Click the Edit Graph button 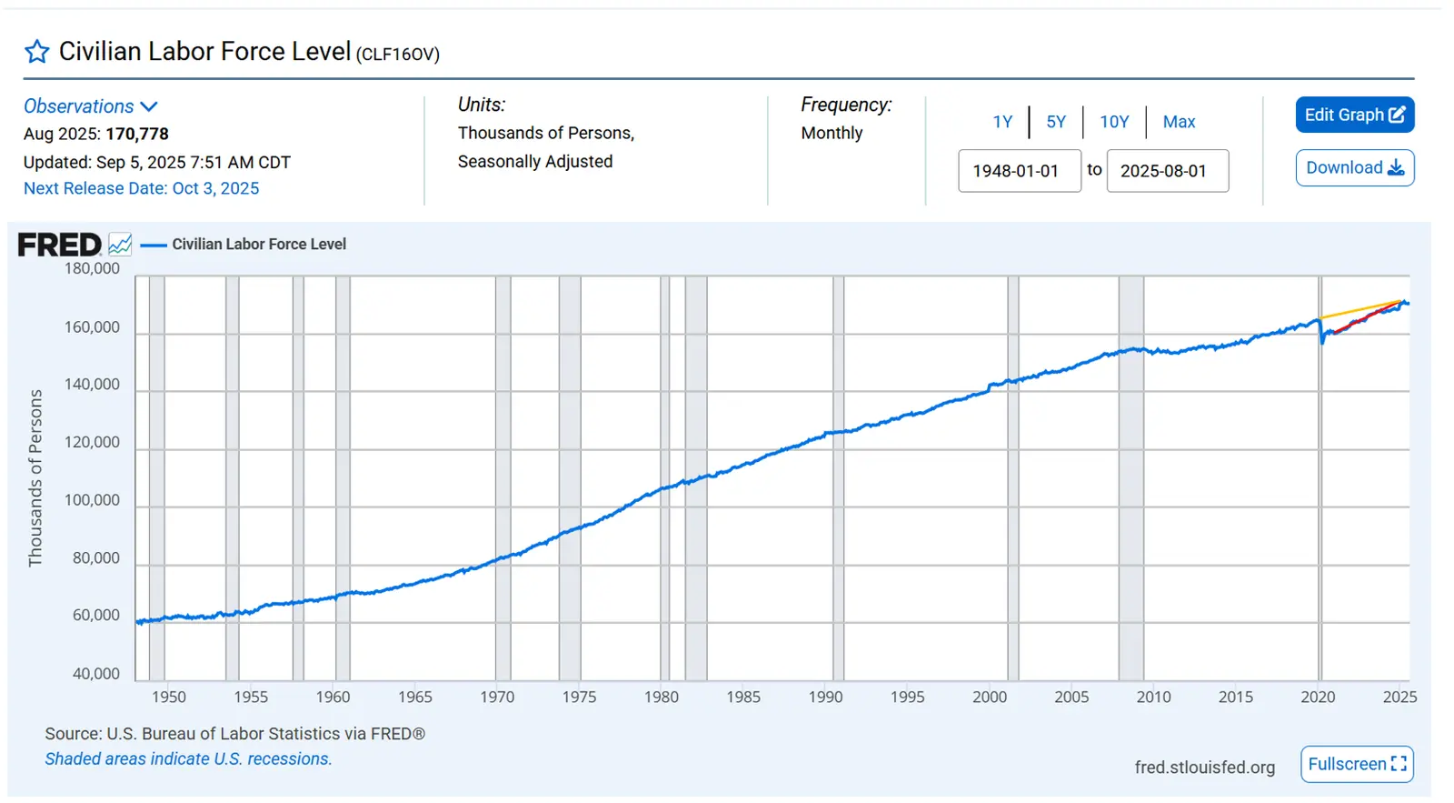point(1354,115)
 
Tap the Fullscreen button point(1357,764)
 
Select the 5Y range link point(1055,122)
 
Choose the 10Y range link point(1114,122)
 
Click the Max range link point(1179,122)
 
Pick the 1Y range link point(1002,122)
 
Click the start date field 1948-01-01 point(1019,171)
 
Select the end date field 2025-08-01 point(1167,171)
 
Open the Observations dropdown point(91,106)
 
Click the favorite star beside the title point(37,52)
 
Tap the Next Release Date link point(141,188)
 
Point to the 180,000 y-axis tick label point(92,268)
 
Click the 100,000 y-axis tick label point(92,500)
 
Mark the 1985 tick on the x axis point(743,697)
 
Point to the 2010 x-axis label point(1153,697)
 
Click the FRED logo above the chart point(60,245)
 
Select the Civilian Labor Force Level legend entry point(259,244)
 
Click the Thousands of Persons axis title point(35,478)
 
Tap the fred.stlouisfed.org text point(1204,767)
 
